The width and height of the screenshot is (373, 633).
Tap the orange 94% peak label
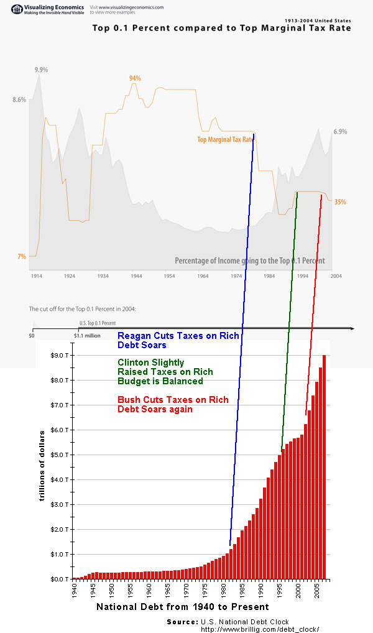tap(135, 78)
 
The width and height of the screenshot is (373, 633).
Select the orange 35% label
tap(340, 202)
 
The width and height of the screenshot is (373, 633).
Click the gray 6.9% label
tap(339, 132)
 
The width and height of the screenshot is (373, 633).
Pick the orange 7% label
tap(21, 256)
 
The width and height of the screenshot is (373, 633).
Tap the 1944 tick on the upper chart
tap(136, 275)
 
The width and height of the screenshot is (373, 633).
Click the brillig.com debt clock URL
tap(260, 629)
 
